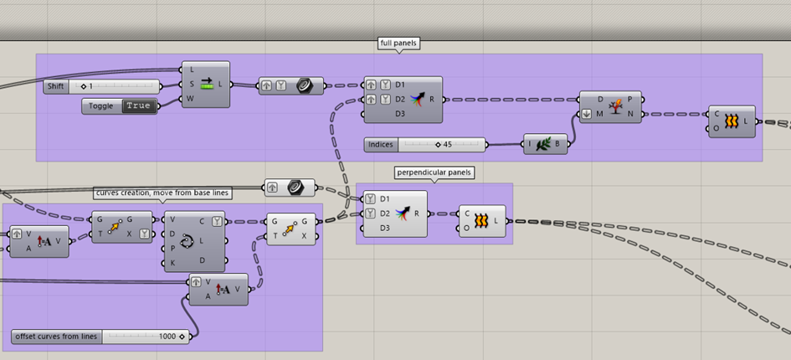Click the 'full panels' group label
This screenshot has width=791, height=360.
point(398,44)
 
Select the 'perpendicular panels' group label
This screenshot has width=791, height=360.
point(434,172)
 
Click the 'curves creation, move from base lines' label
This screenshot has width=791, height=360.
point(162,193)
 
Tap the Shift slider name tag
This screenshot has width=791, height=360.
point(56,86)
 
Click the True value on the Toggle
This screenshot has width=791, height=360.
point(139,106)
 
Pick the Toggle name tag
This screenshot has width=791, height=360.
point(101,106)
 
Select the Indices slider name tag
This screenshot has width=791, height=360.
point(381,145)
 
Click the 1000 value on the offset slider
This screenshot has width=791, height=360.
point(167,337)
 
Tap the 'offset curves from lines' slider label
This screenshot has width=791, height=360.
point(57,337)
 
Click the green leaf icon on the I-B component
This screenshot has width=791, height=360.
point(542,144)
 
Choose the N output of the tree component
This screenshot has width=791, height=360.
point(630,115)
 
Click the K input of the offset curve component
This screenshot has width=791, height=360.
point(173,264)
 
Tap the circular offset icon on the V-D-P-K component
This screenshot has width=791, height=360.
point(187,242)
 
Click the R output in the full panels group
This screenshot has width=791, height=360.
point(432,100)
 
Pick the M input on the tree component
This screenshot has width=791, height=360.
point(600,114)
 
